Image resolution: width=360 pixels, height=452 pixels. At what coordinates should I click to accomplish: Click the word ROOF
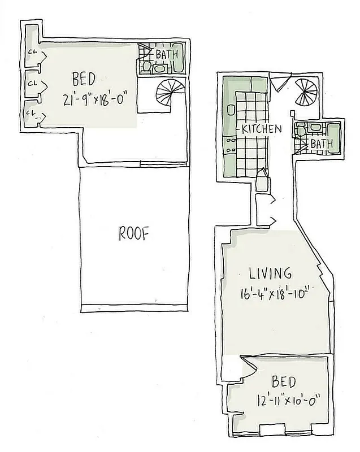(x=134, y=233)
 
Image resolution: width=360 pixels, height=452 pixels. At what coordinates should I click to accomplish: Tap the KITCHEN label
(x=261, y=129)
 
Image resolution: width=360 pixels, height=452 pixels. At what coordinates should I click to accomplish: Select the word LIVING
(x=271, y=273)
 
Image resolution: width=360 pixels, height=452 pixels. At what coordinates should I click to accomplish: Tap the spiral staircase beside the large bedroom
(x=168, y=94)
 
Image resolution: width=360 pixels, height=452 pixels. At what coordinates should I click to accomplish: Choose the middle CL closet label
(x=32, y=83)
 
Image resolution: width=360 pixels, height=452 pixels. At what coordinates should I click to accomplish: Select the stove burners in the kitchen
(x=231, y=148)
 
